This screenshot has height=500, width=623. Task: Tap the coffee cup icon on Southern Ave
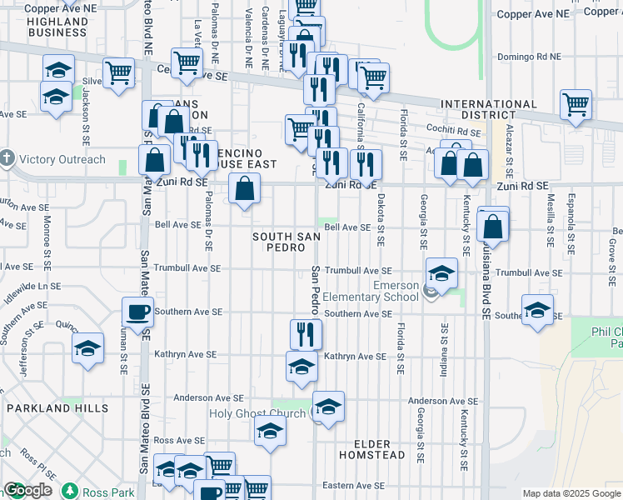(137, 312)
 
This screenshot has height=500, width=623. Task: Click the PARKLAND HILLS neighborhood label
(57, 408)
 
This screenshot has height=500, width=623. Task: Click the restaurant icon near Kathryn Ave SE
(306, 333)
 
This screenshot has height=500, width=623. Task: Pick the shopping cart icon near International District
(576, 105)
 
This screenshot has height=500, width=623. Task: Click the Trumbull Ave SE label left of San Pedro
(187, 269)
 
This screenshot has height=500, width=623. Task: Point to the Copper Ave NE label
(534, 14)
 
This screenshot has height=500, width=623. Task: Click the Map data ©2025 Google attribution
(571, 493)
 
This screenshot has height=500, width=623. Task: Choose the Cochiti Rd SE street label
(449, 132)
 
